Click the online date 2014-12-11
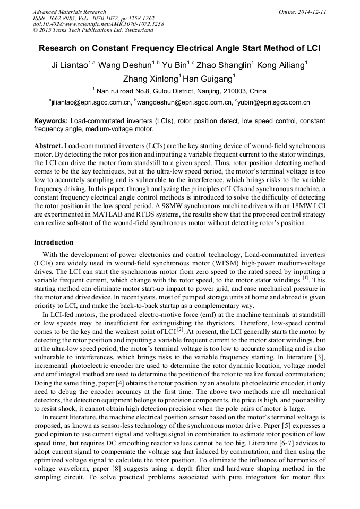point(311,12)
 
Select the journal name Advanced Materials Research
point(69,12)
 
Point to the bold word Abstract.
point(49,145)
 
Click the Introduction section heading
point(54,243)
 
